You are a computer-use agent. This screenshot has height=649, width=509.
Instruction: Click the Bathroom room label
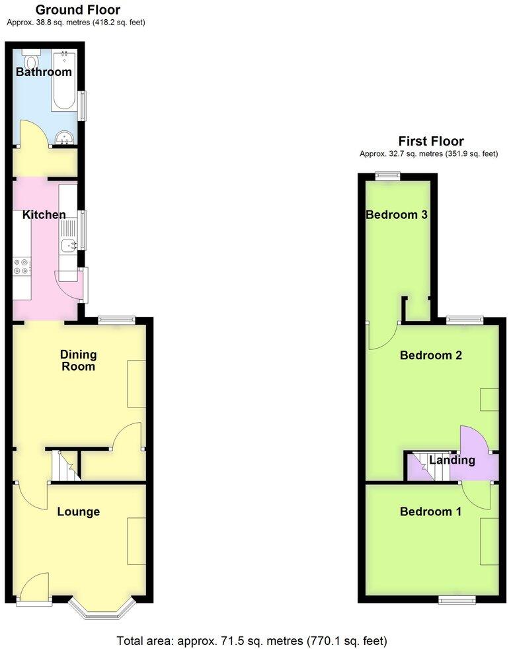44,71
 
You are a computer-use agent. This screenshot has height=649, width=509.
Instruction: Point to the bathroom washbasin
65,138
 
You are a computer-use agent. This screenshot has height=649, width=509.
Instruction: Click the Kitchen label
44,214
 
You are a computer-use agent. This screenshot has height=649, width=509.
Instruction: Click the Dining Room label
77,360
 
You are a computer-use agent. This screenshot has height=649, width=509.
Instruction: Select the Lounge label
78,511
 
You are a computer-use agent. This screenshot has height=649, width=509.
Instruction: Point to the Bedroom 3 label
397,214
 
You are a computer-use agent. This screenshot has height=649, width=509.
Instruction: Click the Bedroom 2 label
431,355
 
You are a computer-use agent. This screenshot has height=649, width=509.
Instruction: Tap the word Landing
452,460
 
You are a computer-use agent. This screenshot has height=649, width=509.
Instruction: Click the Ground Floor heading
77,9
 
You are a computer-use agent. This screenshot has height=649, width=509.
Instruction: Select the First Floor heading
430,141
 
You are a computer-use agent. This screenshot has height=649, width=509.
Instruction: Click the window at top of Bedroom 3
388,176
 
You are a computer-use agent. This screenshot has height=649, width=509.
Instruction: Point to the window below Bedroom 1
457,599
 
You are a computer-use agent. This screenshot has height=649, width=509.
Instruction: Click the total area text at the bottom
251,640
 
